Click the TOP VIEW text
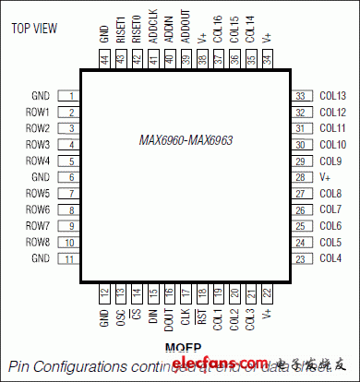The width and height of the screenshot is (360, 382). pos(34,28)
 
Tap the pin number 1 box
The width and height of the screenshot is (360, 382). pos(70,96)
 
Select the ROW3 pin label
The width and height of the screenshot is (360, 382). pos(38,145)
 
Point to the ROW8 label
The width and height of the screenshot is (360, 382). pos(38,243)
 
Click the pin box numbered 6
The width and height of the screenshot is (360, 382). pos(70,177)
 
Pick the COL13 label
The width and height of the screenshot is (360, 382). pos(332,96)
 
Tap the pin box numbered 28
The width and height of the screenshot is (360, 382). pos(299,177)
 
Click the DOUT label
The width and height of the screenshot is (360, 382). pos(169,320)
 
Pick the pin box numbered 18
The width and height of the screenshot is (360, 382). pos(201,294)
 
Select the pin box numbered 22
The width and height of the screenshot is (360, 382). pos(267,294)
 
